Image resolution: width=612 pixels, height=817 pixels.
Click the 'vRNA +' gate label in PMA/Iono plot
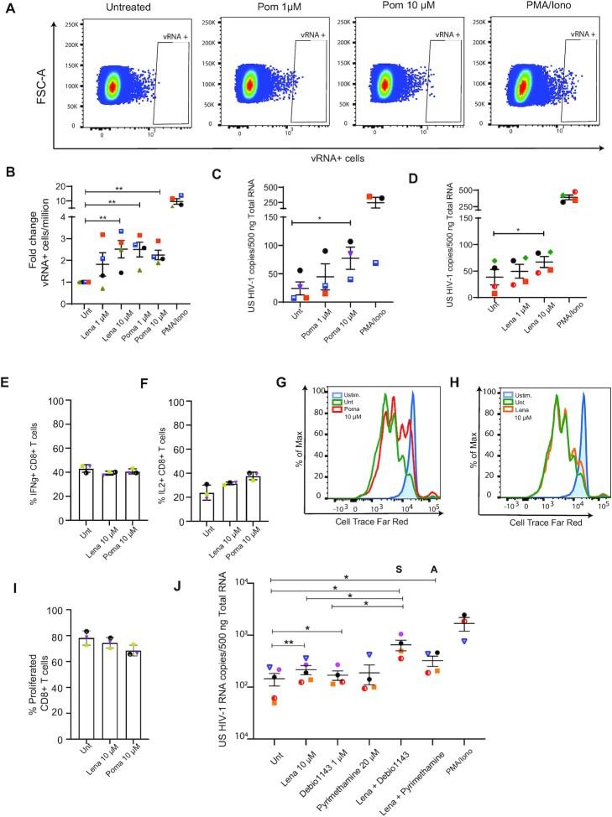click(x=579, y=33)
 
